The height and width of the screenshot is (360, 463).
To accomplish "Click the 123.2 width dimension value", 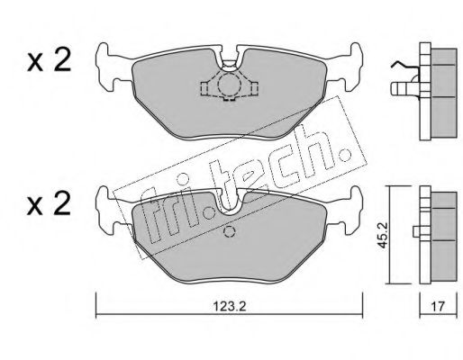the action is click(229, 306).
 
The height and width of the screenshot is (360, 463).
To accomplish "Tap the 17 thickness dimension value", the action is click(438, 307).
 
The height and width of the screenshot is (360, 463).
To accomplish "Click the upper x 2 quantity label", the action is click(50, 60).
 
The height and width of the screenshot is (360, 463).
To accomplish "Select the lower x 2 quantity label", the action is click(50, 203).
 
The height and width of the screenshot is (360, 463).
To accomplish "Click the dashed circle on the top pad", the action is click(229, 85).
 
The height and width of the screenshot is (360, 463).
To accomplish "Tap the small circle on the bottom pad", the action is click(230, 231).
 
